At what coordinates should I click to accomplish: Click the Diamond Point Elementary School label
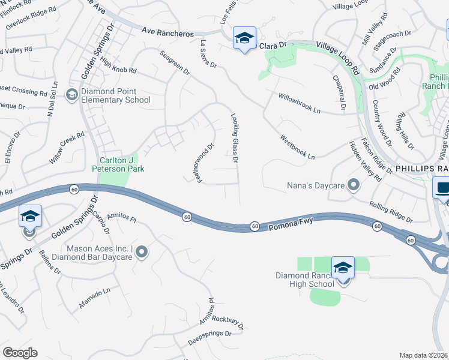tap(113, 95)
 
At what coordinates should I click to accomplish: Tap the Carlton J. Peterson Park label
tap(118, 164)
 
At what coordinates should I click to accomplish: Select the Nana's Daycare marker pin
tap(354, 185)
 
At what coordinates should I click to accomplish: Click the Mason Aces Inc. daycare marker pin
tap(142, 252)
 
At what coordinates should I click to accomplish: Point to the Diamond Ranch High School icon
tap(343, 268)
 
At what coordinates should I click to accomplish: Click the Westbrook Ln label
tap(297, 147)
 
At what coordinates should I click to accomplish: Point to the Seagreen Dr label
tap(175, 62)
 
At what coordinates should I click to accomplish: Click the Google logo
tap(20, 353)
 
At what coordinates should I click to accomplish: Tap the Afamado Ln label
tap(95, 299)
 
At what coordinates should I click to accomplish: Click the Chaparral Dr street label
tap(339, 91)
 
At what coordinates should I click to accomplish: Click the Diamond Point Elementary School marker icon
tap(71, 94)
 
